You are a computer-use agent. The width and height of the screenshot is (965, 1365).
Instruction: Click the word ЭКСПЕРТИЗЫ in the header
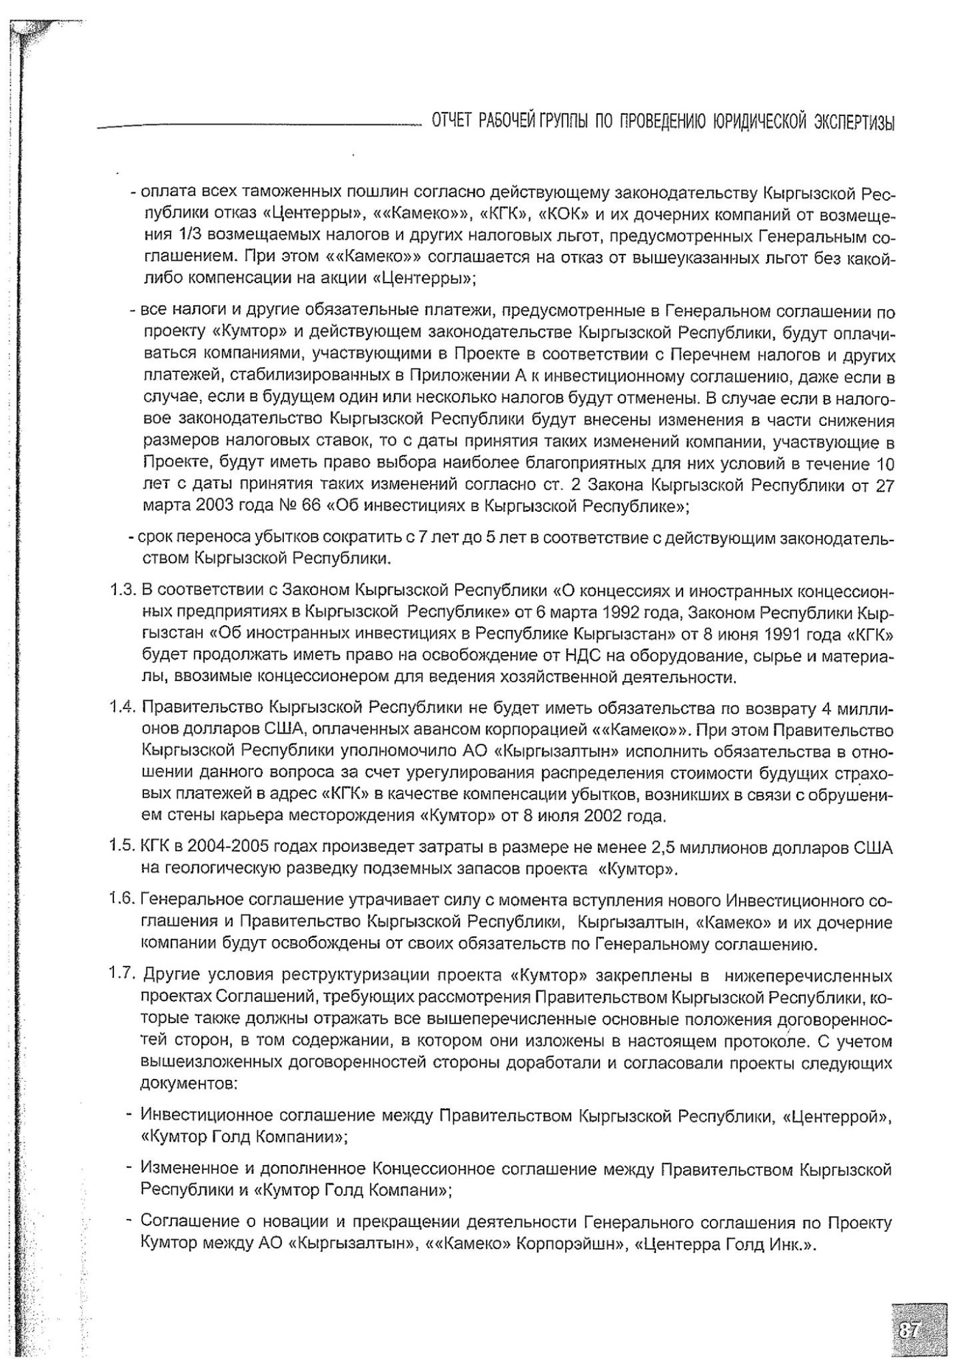pyautogui.click(x=854, y=122)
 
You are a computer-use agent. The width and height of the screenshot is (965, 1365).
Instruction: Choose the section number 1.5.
pyautogui.click(x=124, y=848)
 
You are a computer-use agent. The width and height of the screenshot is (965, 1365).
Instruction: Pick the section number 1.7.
pyautogui.click(x=124, y=973)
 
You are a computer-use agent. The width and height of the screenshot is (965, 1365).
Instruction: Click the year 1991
pyautogui.click(x=777, y=634)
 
